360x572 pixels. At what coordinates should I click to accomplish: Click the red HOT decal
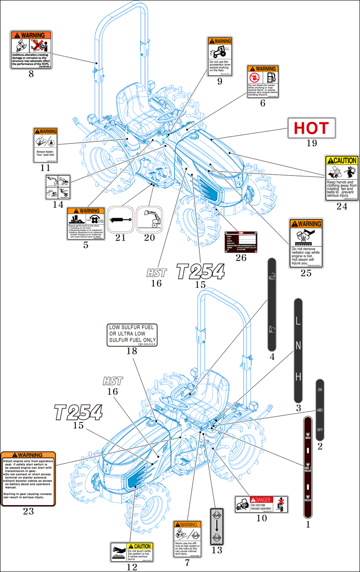tap(311, 128)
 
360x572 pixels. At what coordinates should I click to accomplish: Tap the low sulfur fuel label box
tap(133, 335)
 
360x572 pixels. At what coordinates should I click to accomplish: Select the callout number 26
tap(241, 257)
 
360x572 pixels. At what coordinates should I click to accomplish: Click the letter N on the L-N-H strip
tap(298, 346)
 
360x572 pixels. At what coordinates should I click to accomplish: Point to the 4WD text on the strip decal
tap(320, 410)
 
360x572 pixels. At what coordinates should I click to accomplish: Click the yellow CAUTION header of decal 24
tap(341, 160)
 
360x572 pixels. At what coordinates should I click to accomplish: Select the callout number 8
tap(31, 74)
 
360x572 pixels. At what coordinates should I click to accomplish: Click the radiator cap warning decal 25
tap(306, 243)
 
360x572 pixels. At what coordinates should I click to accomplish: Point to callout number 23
tap(28, 511)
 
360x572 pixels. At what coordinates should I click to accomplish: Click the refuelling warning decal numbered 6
tap(262, 81)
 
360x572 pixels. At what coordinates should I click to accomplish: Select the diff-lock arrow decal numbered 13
tap(217, 525)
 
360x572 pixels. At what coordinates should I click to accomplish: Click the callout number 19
tap(311, 143)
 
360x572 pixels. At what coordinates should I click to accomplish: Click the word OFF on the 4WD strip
tap(320, 429)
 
